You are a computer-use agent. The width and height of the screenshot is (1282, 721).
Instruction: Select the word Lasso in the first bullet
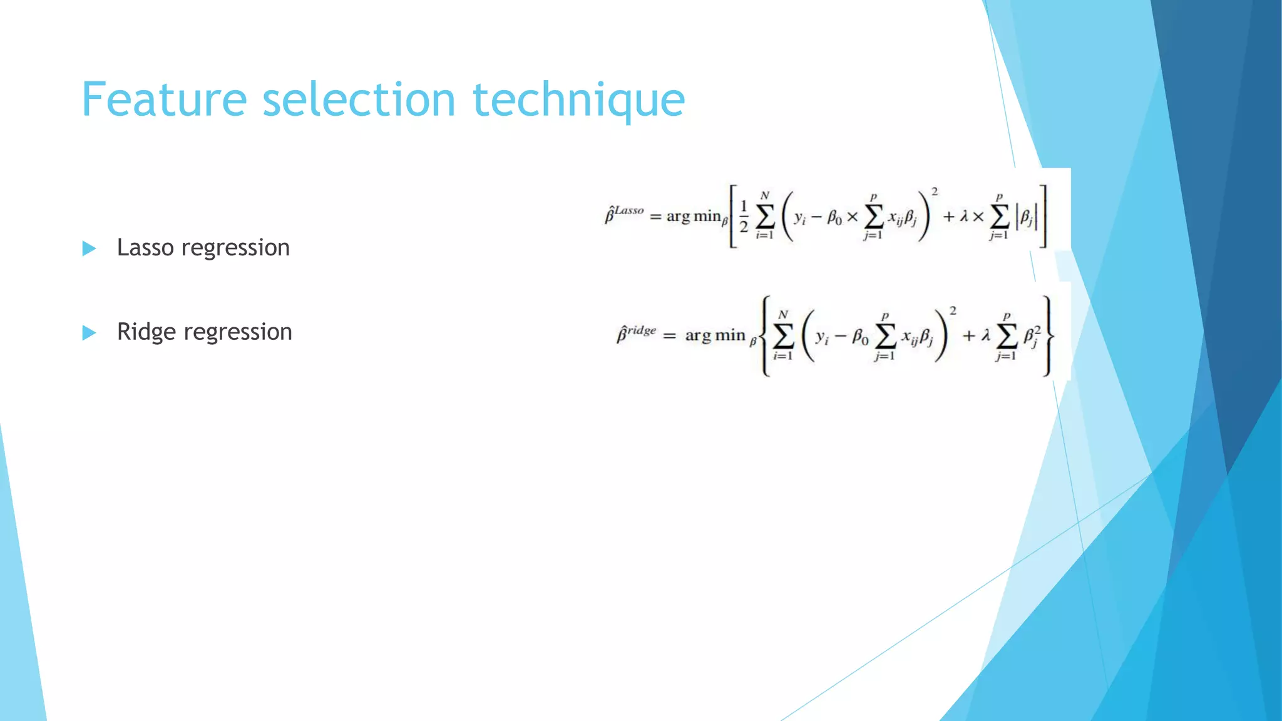point(145,247)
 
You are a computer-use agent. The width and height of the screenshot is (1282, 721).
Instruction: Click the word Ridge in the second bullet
point(146,331)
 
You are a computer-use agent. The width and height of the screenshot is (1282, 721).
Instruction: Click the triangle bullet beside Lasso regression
point(89,248)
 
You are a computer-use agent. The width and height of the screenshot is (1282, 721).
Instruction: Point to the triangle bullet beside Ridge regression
point(89,332)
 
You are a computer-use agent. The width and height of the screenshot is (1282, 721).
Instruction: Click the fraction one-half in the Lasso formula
point(744,217)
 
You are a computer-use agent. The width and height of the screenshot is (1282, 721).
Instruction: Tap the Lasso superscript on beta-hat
point(628,211)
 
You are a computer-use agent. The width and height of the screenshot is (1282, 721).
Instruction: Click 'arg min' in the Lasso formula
point(694,217)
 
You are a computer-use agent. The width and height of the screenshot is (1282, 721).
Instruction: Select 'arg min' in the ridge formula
point(715,335)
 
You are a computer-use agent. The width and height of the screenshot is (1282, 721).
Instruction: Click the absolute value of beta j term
point(1027,218)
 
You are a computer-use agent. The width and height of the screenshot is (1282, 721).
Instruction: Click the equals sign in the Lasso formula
point(655,217)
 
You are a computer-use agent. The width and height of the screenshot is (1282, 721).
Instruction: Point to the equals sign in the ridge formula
point(669,336)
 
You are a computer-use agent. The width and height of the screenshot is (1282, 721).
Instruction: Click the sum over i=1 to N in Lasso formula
point(764,217)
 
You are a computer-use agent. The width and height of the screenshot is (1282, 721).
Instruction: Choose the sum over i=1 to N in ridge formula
point(783,336)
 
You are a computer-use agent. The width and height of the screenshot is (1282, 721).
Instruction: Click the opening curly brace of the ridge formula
point(765,336)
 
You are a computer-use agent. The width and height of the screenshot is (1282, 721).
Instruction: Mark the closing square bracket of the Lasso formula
point(1043,217)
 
